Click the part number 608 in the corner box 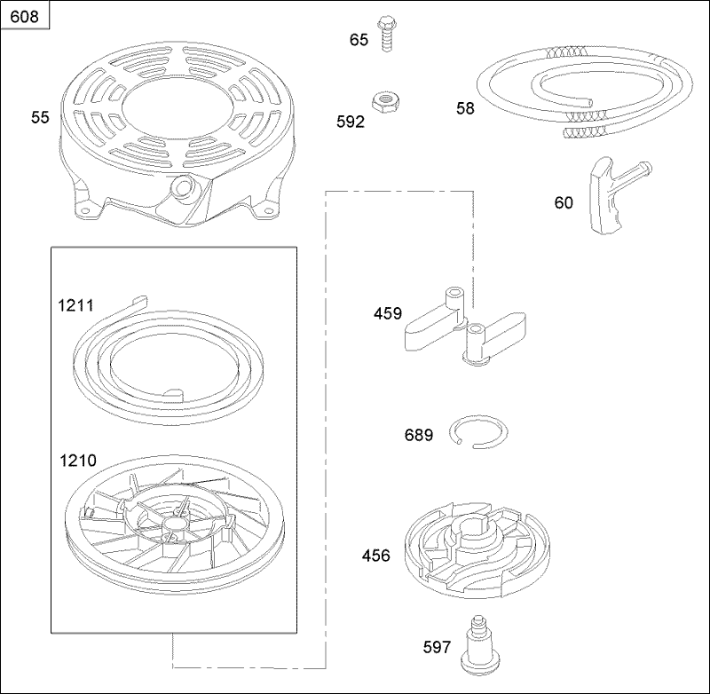pyautogui.click(x=26, y=16)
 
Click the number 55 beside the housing pyautogui.click(x=41, y=116)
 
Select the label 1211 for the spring pyautogui.click(x=75, y=305)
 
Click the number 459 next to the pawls pyautogui.click(x=388, y=313)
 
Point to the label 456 pyautogui.click(x=376, y=556)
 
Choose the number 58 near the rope pyautogui.click(x=465, y=107)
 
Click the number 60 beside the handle pyautogui.click(x=564, y=202)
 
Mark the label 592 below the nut pyautogui.click(x=351, y=122)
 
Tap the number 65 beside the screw pyautogui.click(x=359, y=39)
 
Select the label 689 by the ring pyautogui.click(x=419, y=435)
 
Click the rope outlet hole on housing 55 pyautogui.click(x=185, y=188)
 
